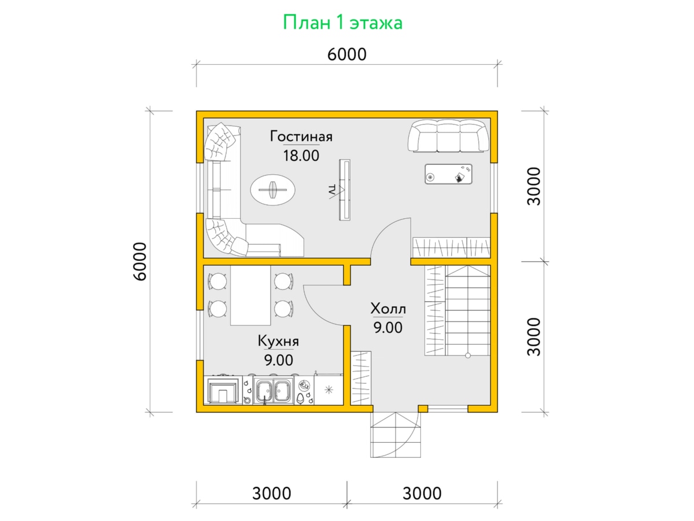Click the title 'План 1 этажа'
pos(342,23)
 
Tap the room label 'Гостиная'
pos(301,137)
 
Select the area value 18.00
pos(301,156)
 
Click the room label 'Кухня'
pos(278,341)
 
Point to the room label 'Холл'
pos(388,309)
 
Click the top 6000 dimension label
pos(347,54)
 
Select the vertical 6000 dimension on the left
pos(140,261)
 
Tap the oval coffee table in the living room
pos(272,190)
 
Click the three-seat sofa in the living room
pos(448,135)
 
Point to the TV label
pos(331,189)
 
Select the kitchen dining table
pos(250,295)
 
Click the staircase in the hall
pos(467,310)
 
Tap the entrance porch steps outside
pos(396,435)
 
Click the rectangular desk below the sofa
pos(448,174)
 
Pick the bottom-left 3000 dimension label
pos(272,493)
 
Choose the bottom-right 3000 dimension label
pos(422,493)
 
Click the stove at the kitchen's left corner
pos(223,391)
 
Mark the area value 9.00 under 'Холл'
pos(388,328)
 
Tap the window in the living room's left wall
pos(200,188)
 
